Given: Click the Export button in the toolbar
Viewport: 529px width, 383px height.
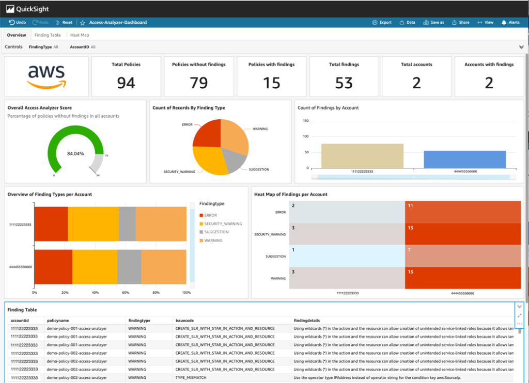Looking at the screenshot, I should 382,23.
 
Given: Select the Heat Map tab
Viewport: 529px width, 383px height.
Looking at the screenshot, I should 79,35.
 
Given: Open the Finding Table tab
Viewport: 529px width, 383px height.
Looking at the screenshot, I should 48,35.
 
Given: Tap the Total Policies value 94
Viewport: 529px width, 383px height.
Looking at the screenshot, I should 126,82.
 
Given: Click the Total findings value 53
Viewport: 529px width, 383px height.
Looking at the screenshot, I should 344,82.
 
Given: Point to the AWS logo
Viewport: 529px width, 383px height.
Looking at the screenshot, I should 46,76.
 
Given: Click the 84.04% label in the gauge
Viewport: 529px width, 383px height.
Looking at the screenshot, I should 75,154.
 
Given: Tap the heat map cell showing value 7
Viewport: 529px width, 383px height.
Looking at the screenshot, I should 462,256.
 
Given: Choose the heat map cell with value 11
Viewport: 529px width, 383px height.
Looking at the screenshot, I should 462,212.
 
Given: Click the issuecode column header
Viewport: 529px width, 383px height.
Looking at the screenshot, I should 184,321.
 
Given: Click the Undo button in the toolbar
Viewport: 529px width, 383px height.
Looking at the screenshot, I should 18,23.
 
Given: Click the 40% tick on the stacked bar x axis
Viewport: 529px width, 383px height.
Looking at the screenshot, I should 95,292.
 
